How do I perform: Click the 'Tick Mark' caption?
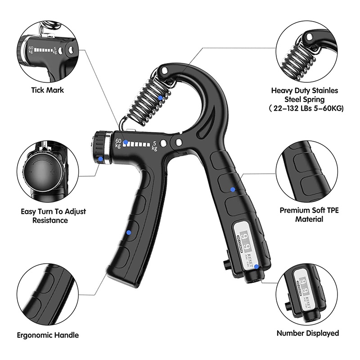(48, 90)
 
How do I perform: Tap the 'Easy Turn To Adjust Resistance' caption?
(53, 216)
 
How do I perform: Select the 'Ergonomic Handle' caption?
(48, 335)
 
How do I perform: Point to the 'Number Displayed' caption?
(308, 333)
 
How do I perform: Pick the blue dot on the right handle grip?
(233, 189)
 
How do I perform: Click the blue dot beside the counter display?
(256, 266)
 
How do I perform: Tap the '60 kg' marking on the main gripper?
(118, 144)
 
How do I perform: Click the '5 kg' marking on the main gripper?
(155, 146)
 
